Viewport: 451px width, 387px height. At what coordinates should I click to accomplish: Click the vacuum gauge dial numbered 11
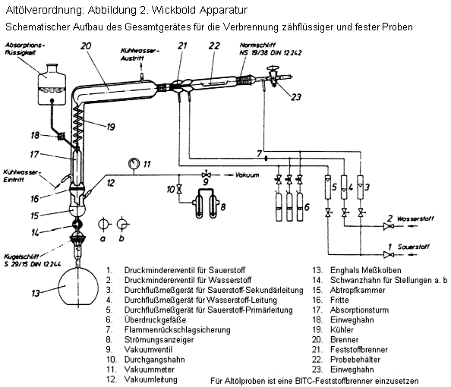(133, 163)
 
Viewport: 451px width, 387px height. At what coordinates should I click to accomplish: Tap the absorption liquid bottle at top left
(52, 84)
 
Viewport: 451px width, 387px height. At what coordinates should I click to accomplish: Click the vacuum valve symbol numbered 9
(206, 175)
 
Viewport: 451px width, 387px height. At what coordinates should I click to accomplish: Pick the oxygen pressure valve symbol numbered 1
(388, 254)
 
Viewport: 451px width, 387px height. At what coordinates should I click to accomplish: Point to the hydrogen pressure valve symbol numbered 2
(388, 226)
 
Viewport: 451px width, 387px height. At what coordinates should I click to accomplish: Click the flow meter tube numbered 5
(328, 187)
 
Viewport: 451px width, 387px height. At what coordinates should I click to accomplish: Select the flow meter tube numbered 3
(361, 187)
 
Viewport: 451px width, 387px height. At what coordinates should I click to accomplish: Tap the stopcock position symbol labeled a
(103, 225)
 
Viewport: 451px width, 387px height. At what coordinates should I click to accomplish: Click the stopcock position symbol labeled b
(122, 225)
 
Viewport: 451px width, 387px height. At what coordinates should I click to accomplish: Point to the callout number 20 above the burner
(86, 46)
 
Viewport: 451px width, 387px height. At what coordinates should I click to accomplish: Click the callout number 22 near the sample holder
(214, 46)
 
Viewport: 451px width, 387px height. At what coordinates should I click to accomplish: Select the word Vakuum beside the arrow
(247, 175)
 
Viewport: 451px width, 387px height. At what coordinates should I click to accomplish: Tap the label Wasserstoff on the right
(415, 219)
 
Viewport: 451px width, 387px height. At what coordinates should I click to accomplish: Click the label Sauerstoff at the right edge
(413, 247)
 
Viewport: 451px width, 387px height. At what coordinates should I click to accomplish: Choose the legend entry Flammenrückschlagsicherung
(177, 329)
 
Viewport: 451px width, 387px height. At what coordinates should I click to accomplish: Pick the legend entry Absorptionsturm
(360, 310)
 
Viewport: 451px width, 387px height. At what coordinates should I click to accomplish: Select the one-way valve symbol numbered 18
(61, 136)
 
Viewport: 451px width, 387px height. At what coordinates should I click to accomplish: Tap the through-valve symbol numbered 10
(179, 189)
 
